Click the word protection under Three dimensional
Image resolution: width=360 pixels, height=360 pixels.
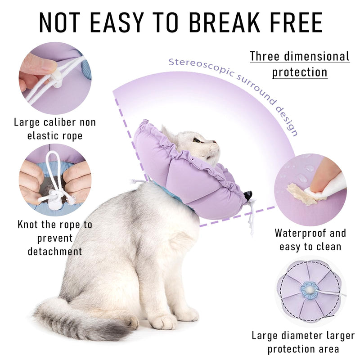pyautogui.click(x=300, y=72)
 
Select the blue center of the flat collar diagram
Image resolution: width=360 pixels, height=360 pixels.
pyautogui.click(x=310, y=290)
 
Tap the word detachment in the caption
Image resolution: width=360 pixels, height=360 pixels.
pyautogui.click(x=55, y=252)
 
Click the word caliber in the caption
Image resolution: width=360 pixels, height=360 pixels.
pyautogui.click(x=60, y=122)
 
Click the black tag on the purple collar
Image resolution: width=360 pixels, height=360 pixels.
pyautogui.click(x=248, y=195)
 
